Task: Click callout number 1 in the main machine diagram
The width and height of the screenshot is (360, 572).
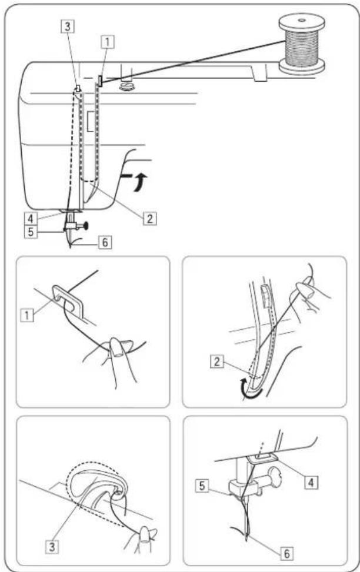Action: [x=107, y=42]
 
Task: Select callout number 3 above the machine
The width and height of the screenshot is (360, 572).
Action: [x=68, y=26]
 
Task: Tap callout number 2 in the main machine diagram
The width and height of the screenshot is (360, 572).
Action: [x=149, y=218]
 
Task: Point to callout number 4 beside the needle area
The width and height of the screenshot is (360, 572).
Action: [x=31, y=219]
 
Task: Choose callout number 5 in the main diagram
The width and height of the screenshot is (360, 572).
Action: [x=31, y=232]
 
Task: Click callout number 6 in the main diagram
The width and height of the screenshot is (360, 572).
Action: [x=105, y=242]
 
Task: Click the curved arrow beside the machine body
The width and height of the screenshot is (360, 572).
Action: [x=140, y=181]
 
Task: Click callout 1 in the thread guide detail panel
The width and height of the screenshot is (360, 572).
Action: [x=27, y=315]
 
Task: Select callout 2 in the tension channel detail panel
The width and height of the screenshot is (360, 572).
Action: [x=217, y=362]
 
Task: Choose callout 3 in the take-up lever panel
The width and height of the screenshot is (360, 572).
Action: [x=52, y=547]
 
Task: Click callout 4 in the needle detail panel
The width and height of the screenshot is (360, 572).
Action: [x=311, y=482]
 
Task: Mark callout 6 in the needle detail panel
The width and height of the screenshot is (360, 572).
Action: [x=287, y=553]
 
